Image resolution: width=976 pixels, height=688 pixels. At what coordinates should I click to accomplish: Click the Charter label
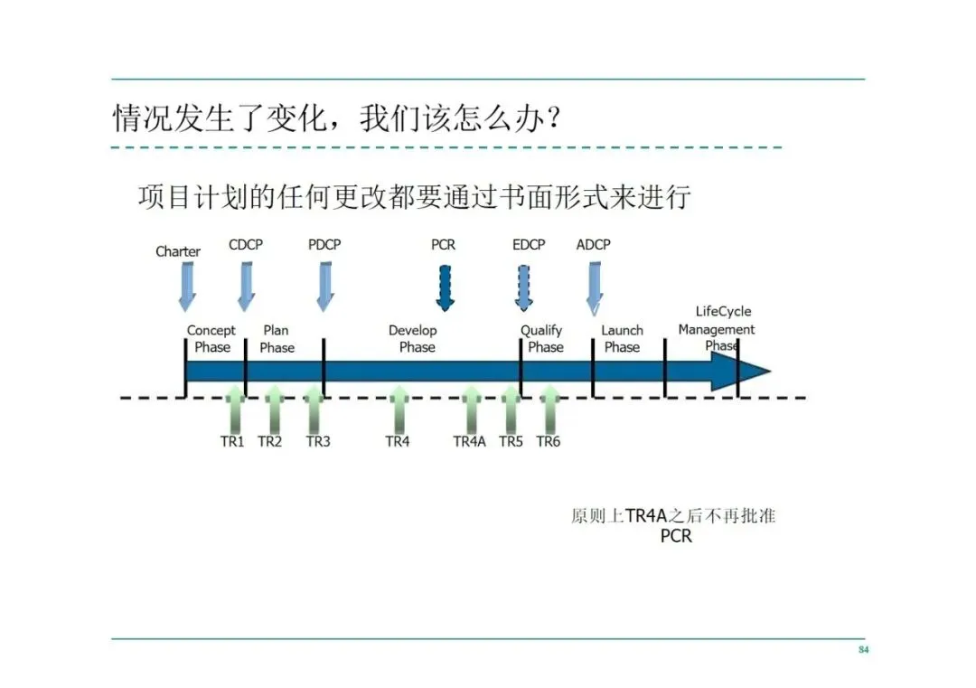pos(178,251)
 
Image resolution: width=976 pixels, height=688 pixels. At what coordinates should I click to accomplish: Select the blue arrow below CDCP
pos(246,287)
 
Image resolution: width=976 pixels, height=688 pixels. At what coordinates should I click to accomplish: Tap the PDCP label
pos(324,245)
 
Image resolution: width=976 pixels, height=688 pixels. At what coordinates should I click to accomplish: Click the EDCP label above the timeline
pos(529,245)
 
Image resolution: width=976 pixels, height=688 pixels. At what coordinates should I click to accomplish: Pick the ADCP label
pos(593,245)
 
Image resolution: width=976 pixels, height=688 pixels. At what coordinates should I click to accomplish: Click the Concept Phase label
pos(211,339)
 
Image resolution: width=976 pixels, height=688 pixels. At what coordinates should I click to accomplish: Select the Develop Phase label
pos(415,339)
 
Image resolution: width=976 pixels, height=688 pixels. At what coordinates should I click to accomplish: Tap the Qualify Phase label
pos(542,339)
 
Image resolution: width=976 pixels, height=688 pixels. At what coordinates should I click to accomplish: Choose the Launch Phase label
pos(622,339)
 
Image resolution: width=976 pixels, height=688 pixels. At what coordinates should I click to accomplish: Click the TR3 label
pos(318,441)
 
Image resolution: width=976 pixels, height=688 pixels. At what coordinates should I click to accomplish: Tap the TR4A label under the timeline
pos(469,441)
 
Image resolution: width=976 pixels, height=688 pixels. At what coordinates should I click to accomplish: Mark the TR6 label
pos(548,441)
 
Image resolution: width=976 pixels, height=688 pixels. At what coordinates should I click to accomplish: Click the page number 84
pos(863,650)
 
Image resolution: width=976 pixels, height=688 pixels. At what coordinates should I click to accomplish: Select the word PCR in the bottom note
pos(676,536)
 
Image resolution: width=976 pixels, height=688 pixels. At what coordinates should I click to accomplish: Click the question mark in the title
pos(545,118)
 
